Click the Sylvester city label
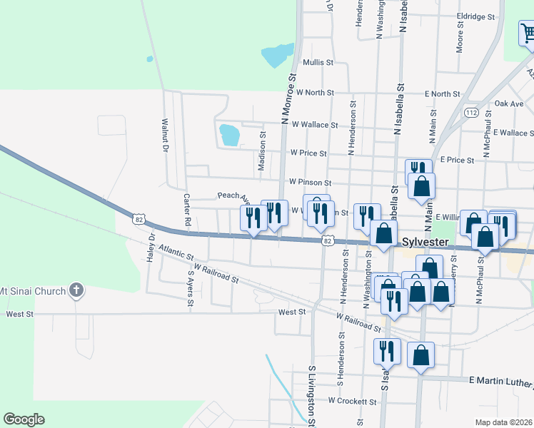(x=425, y=243)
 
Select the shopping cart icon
(x=528, y=32)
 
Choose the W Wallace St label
(x=314, y=125)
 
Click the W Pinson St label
(x=309, y=183)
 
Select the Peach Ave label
(x=233, y=196)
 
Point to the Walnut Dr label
(x=165, y=135)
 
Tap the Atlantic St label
(x=177, y=253)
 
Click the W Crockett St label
(x=351, y=402)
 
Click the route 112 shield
(x=470, y=113)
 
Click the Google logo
(x=24, y=419)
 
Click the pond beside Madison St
(x=229, y=134)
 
